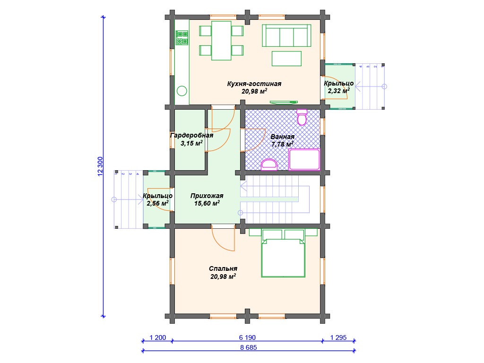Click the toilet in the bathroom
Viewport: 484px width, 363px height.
(302, 117)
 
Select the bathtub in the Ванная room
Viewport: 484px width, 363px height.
(304, 159)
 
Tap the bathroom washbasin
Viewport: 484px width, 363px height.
(269, 165)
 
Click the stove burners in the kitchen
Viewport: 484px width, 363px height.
(182, 38)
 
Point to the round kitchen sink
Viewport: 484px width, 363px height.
(182, 91)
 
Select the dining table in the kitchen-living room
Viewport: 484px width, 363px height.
(221, 41)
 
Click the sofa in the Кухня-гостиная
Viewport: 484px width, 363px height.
(286, 35)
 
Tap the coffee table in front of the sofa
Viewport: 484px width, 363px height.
(286, 59)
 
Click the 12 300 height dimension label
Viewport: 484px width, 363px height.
(100, 167)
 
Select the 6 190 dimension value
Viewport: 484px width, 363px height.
(247, 337)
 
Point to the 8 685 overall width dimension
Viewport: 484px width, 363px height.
(249, 347)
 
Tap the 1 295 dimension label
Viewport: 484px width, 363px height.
(338, 337)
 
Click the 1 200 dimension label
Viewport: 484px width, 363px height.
(158, 337)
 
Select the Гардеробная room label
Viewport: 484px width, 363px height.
(192, 136)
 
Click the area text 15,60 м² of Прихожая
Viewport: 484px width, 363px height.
(207, 203)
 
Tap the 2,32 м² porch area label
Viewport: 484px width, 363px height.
(338, 91)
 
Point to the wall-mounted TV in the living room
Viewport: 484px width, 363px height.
(284, 102)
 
